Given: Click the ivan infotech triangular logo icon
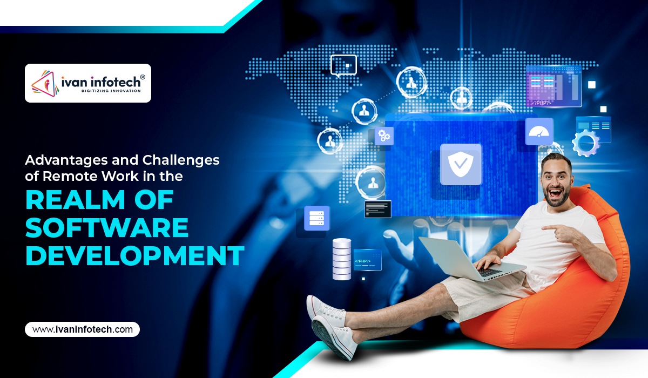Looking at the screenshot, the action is [45, 83].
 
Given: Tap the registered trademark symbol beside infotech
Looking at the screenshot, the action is [143, 77].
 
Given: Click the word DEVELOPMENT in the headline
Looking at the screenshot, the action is [135, 255].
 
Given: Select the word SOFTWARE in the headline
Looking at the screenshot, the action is [107, 227].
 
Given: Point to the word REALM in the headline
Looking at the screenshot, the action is [75, 200].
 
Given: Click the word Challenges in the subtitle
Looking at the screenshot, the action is [181, 160].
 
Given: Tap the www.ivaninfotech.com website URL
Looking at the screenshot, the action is [83, 329].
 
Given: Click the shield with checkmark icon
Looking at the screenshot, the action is [461, 164].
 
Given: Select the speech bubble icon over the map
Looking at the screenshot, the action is [343, 66].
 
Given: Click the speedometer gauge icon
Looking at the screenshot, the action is [539, 131].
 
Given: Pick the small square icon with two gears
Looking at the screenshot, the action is [384, 136].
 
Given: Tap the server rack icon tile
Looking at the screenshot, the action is [317, 218].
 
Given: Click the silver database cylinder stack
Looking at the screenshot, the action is [342, 259].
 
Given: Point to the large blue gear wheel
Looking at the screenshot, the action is [586, 143].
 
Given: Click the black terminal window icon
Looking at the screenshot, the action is [378, 209].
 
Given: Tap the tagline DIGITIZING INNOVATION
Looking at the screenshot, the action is [111, 91].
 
